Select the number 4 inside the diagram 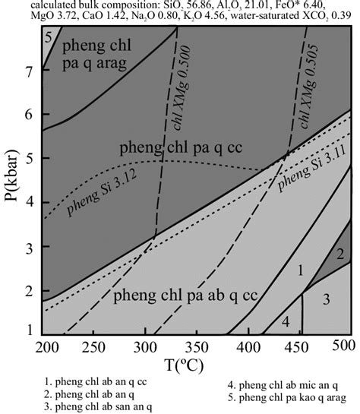[286, 322]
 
